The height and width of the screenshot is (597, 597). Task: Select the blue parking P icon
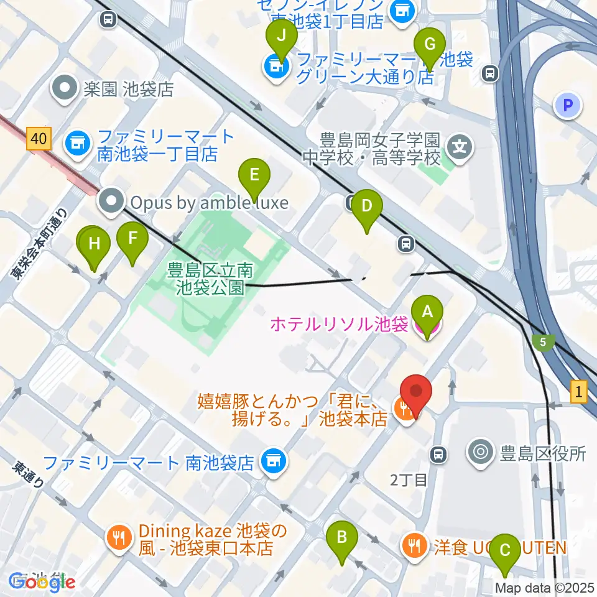click(567, 106)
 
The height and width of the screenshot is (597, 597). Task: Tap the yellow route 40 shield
click(39, 139)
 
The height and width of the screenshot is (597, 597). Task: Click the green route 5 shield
click(543, 341)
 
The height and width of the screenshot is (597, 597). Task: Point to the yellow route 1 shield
click(579, 392)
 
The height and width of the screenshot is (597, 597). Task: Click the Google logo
click(42, 582)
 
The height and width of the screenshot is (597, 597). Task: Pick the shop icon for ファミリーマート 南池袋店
click(272, 461)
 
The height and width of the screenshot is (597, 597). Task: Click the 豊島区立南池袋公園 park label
click(210, 279)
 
